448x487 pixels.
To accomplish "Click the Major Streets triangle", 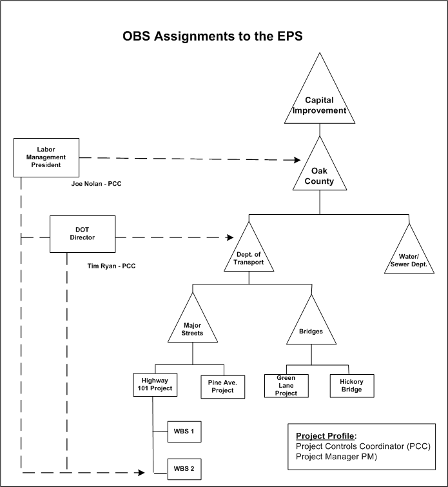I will (x=193, y=326).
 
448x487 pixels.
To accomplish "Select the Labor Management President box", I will (x=46, y=157).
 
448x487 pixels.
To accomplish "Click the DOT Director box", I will (x=83, y=234).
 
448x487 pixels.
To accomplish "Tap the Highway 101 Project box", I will (x=153, y=385).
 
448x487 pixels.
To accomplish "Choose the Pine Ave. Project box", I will (x=222, y=386).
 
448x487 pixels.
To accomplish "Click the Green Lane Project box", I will (x=286, y=385).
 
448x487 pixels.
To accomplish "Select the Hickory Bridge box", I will (x=351, y=385).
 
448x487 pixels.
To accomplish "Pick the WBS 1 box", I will (x=184, y=432).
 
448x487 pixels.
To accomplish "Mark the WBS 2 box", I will (x=184, y=469).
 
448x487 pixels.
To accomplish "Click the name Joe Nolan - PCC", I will (x=96, y=184).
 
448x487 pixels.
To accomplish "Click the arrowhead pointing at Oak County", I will (x=298, y=159).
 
